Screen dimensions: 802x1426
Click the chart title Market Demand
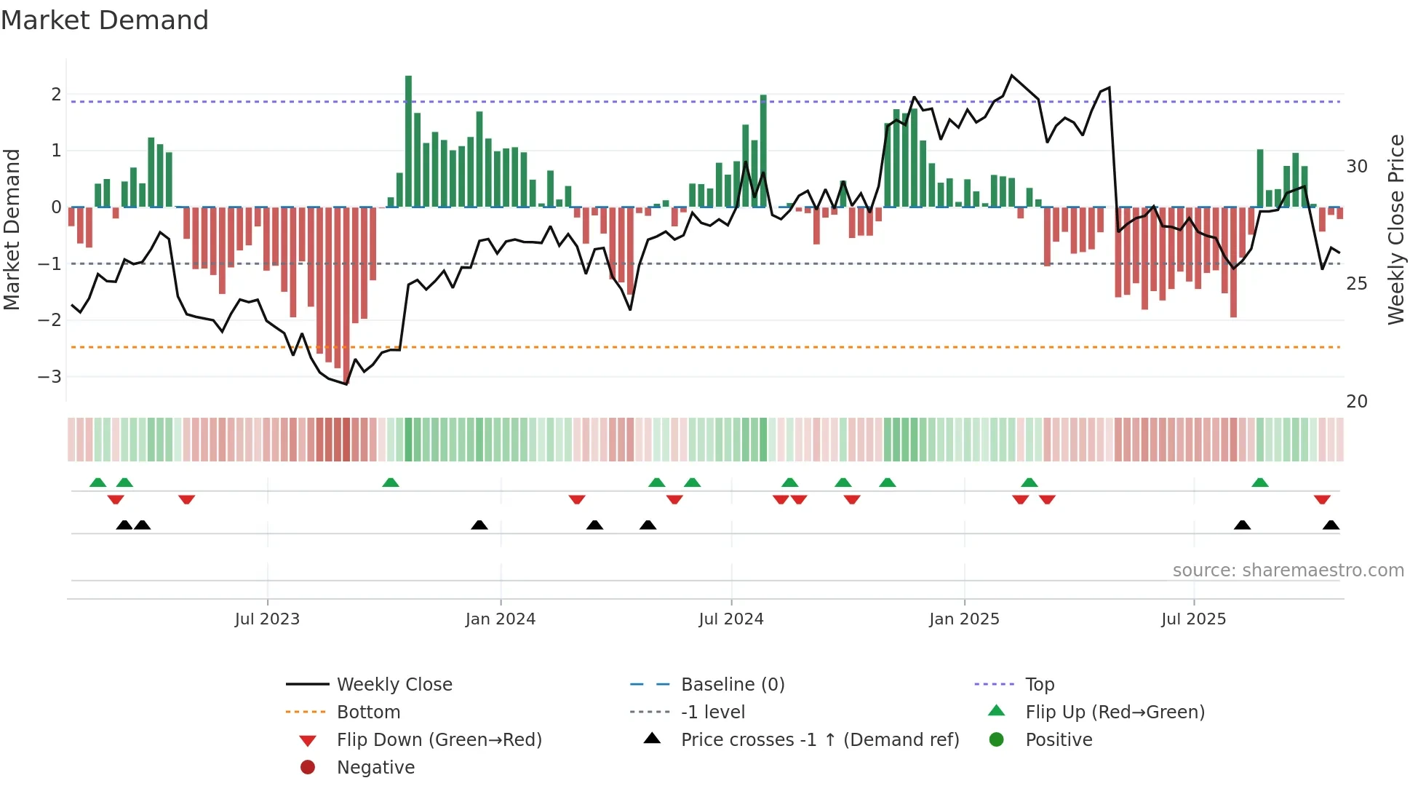tap(105, 20)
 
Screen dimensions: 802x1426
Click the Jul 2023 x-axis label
tap(267, 619)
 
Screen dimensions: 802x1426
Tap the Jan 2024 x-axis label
tap(501, 619)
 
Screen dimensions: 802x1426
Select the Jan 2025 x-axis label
tap(964, 619)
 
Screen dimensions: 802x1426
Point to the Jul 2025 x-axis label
tap(1193, 619)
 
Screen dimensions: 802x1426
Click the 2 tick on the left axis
tap(56, 95)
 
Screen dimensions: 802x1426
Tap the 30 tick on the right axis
tap(1356, 167)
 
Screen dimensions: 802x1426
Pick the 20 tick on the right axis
tap(1356, 402)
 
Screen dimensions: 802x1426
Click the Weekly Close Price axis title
tap(1395, 229)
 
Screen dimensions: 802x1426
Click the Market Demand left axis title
tap(12, 229)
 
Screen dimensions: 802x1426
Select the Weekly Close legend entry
tap(394, 685)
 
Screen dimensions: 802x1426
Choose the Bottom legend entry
tap(368, 712)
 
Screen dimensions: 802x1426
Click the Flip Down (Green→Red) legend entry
tap(439, 740)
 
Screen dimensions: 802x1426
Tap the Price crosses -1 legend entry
tap(819, 740)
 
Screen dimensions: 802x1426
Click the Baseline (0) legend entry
tap(732, 685)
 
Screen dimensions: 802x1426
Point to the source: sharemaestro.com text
tap(1288, 571)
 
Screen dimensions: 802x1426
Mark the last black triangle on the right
tap(1331, 525)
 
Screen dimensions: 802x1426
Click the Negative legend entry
tap(375, 768)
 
